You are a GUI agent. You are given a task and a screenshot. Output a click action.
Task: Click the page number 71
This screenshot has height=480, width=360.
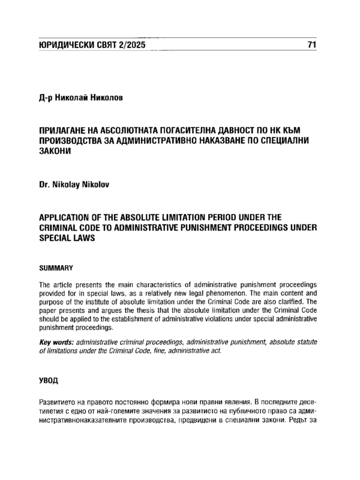311,46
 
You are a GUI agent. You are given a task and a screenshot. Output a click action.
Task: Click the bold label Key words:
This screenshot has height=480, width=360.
57,341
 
